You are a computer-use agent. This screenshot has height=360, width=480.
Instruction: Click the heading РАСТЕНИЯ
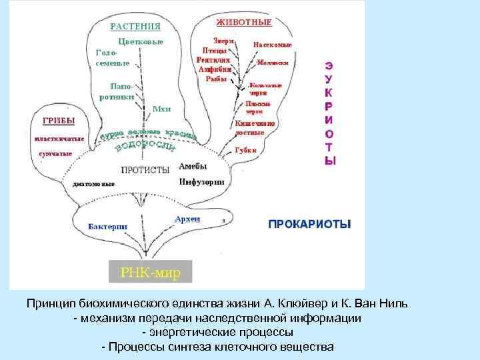coord(135,27)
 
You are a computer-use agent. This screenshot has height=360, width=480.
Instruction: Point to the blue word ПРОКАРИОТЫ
coord(309,225)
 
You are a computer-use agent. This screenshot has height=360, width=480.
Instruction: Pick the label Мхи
coord(161,108)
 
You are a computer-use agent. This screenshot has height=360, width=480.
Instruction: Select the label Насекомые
coord(271,45)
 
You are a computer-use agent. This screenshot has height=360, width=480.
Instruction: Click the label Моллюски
coord(273,62)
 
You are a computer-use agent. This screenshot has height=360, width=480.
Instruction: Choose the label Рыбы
coord(216,79)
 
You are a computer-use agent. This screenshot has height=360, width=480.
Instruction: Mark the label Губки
coord(245,151)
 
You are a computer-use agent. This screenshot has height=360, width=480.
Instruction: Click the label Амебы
coord(193,167)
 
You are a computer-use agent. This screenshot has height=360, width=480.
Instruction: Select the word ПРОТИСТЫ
coord(145,169)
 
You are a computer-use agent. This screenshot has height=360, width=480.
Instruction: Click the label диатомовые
coord(93,183)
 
